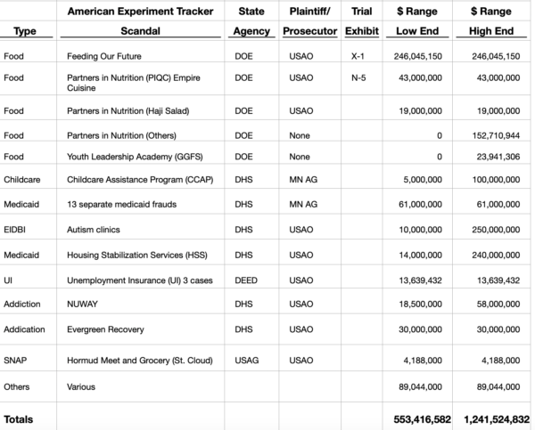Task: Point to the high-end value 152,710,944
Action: click(491, 135)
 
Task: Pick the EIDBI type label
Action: click(15, 230)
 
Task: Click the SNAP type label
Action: click(15, 360)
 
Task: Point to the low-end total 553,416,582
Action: click(423, 418)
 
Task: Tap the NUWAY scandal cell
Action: click(82, 304)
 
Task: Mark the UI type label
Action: click(9, 280)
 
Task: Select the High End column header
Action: click(486, 30)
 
